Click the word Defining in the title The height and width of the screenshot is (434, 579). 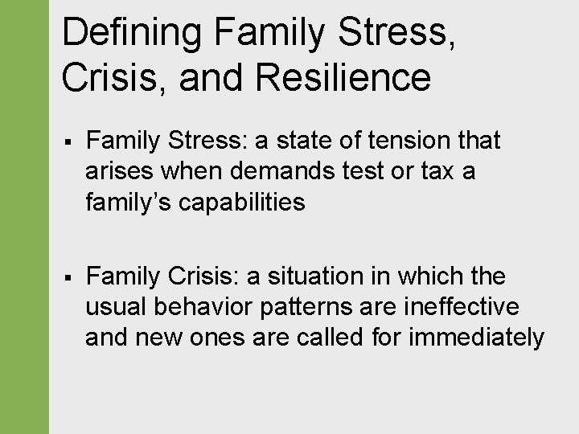(x=132, y=33)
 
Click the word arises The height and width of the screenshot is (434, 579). (x=117, y=172)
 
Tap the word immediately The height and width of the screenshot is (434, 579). (x=476, y=338)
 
